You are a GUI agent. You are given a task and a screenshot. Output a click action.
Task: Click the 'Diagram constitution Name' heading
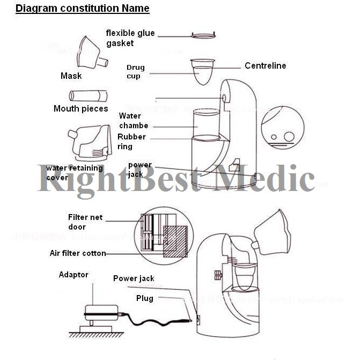pyautogui.click(x=82, y=9)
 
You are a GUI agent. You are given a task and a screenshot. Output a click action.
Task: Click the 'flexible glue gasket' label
pyautogui.click(x=130, y=38)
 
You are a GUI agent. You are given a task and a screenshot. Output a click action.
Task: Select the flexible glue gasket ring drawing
pyautogui.click(x=203, y=36)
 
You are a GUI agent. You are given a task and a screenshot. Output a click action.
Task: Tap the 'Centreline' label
pyautogui.click(x=265, y=66)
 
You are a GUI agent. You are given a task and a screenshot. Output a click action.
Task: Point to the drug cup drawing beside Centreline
pyautogui.click(x=203, y=71)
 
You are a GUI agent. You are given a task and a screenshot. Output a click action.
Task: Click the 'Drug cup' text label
pyautogui.click(x=135, y=72)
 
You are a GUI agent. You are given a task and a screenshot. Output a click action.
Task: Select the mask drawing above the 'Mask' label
pyautogui.click(x=91, y=53)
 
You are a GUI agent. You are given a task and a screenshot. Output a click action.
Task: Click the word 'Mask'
pyautogui.click(x=71, y=76)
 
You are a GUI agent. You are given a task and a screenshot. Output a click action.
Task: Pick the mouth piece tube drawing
pyautogui.click(x=89, y=96)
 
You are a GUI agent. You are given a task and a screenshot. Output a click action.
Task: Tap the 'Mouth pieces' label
pyautogui.click(x=80, y=109)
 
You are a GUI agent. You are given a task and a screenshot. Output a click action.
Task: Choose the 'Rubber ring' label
pyautogui.click(x=131, y=142)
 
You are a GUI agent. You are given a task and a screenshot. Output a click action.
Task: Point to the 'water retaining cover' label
pyautogui.click(x=67, y=173)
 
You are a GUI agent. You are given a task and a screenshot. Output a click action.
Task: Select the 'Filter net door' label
pyautogui.click(x=85, y=222)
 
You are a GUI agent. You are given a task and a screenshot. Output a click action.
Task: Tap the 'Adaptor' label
pyautogui.click(x=73, y=275)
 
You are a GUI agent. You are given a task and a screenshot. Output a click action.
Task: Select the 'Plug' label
pyautogui.click(x=144, y=298)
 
